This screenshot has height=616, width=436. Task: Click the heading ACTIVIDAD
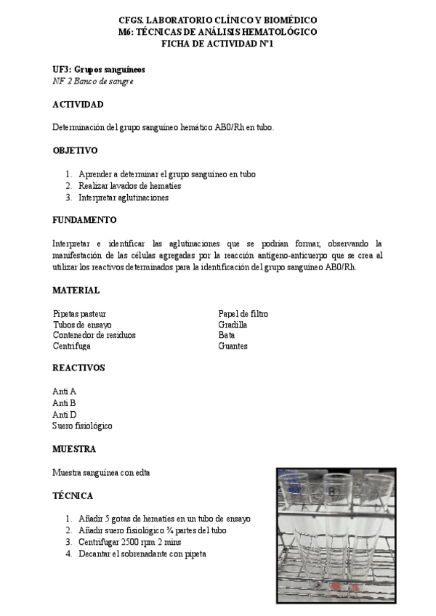[77, 105]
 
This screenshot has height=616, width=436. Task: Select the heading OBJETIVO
[75, 151]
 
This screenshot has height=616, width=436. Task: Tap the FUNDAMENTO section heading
[84, 220]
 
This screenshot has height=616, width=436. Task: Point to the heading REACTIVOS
[78, 368]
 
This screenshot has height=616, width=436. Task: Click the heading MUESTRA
[74, 449]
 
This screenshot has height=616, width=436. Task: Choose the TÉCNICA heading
[73, 495]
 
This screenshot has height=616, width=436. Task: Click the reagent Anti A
[65, 391]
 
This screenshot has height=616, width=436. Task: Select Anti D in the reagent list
[65, 414]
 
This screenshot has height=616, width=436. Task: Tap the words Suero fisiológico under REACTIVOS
[82, 426]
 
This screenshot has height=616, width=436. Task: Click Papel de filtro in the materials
[243, 314]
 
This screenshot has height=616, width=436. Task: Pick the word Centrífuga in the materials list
[71, 346]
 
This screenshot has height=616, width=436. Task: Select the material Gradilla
[233, 325]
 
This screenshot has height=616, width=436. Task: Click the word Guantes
[233, 346]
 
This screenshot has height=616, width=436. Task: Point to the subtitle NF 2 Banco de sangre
[92, 81]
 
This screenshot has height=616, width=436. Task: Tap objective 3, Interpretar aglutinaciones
[124, 198]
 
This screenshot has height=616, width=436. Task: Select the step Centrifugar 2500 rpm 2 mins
[130, 543]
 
